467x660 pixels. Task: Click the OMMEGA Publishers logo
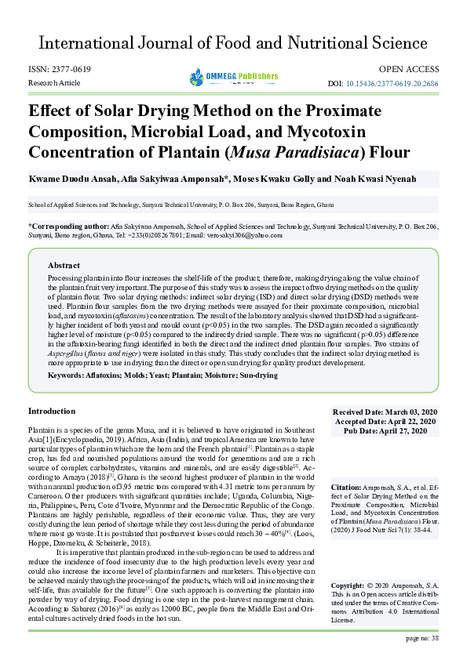(x=233, y=76)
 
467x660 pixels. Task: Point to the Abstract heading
(x=64, y=265)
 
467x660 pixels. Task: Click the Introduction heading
(x=52, y=411)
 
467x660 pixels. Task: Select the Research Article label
(x=54, y=82)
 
